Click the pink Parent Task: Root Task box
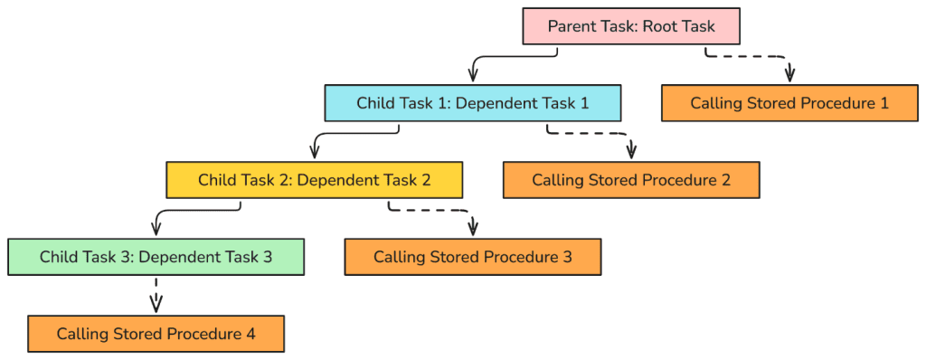(x=631, y=26)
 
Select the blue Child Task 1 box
(x=472, y=103)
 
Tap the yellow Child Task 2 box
(x=314, y=180)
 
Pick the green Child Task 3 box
(x=156, y=257)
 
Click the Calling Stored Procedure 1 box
(x=789, y=103)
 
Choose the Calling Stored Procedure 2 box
(x=630, y=180)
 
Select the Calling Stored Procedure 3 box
(x=472, y=257)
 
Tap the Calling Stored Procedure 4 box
(x=156, y=334)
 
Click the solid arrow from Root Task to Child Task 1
(x=506, y=58)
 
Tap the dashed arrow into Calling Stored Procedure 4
(x=156, y=295)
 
